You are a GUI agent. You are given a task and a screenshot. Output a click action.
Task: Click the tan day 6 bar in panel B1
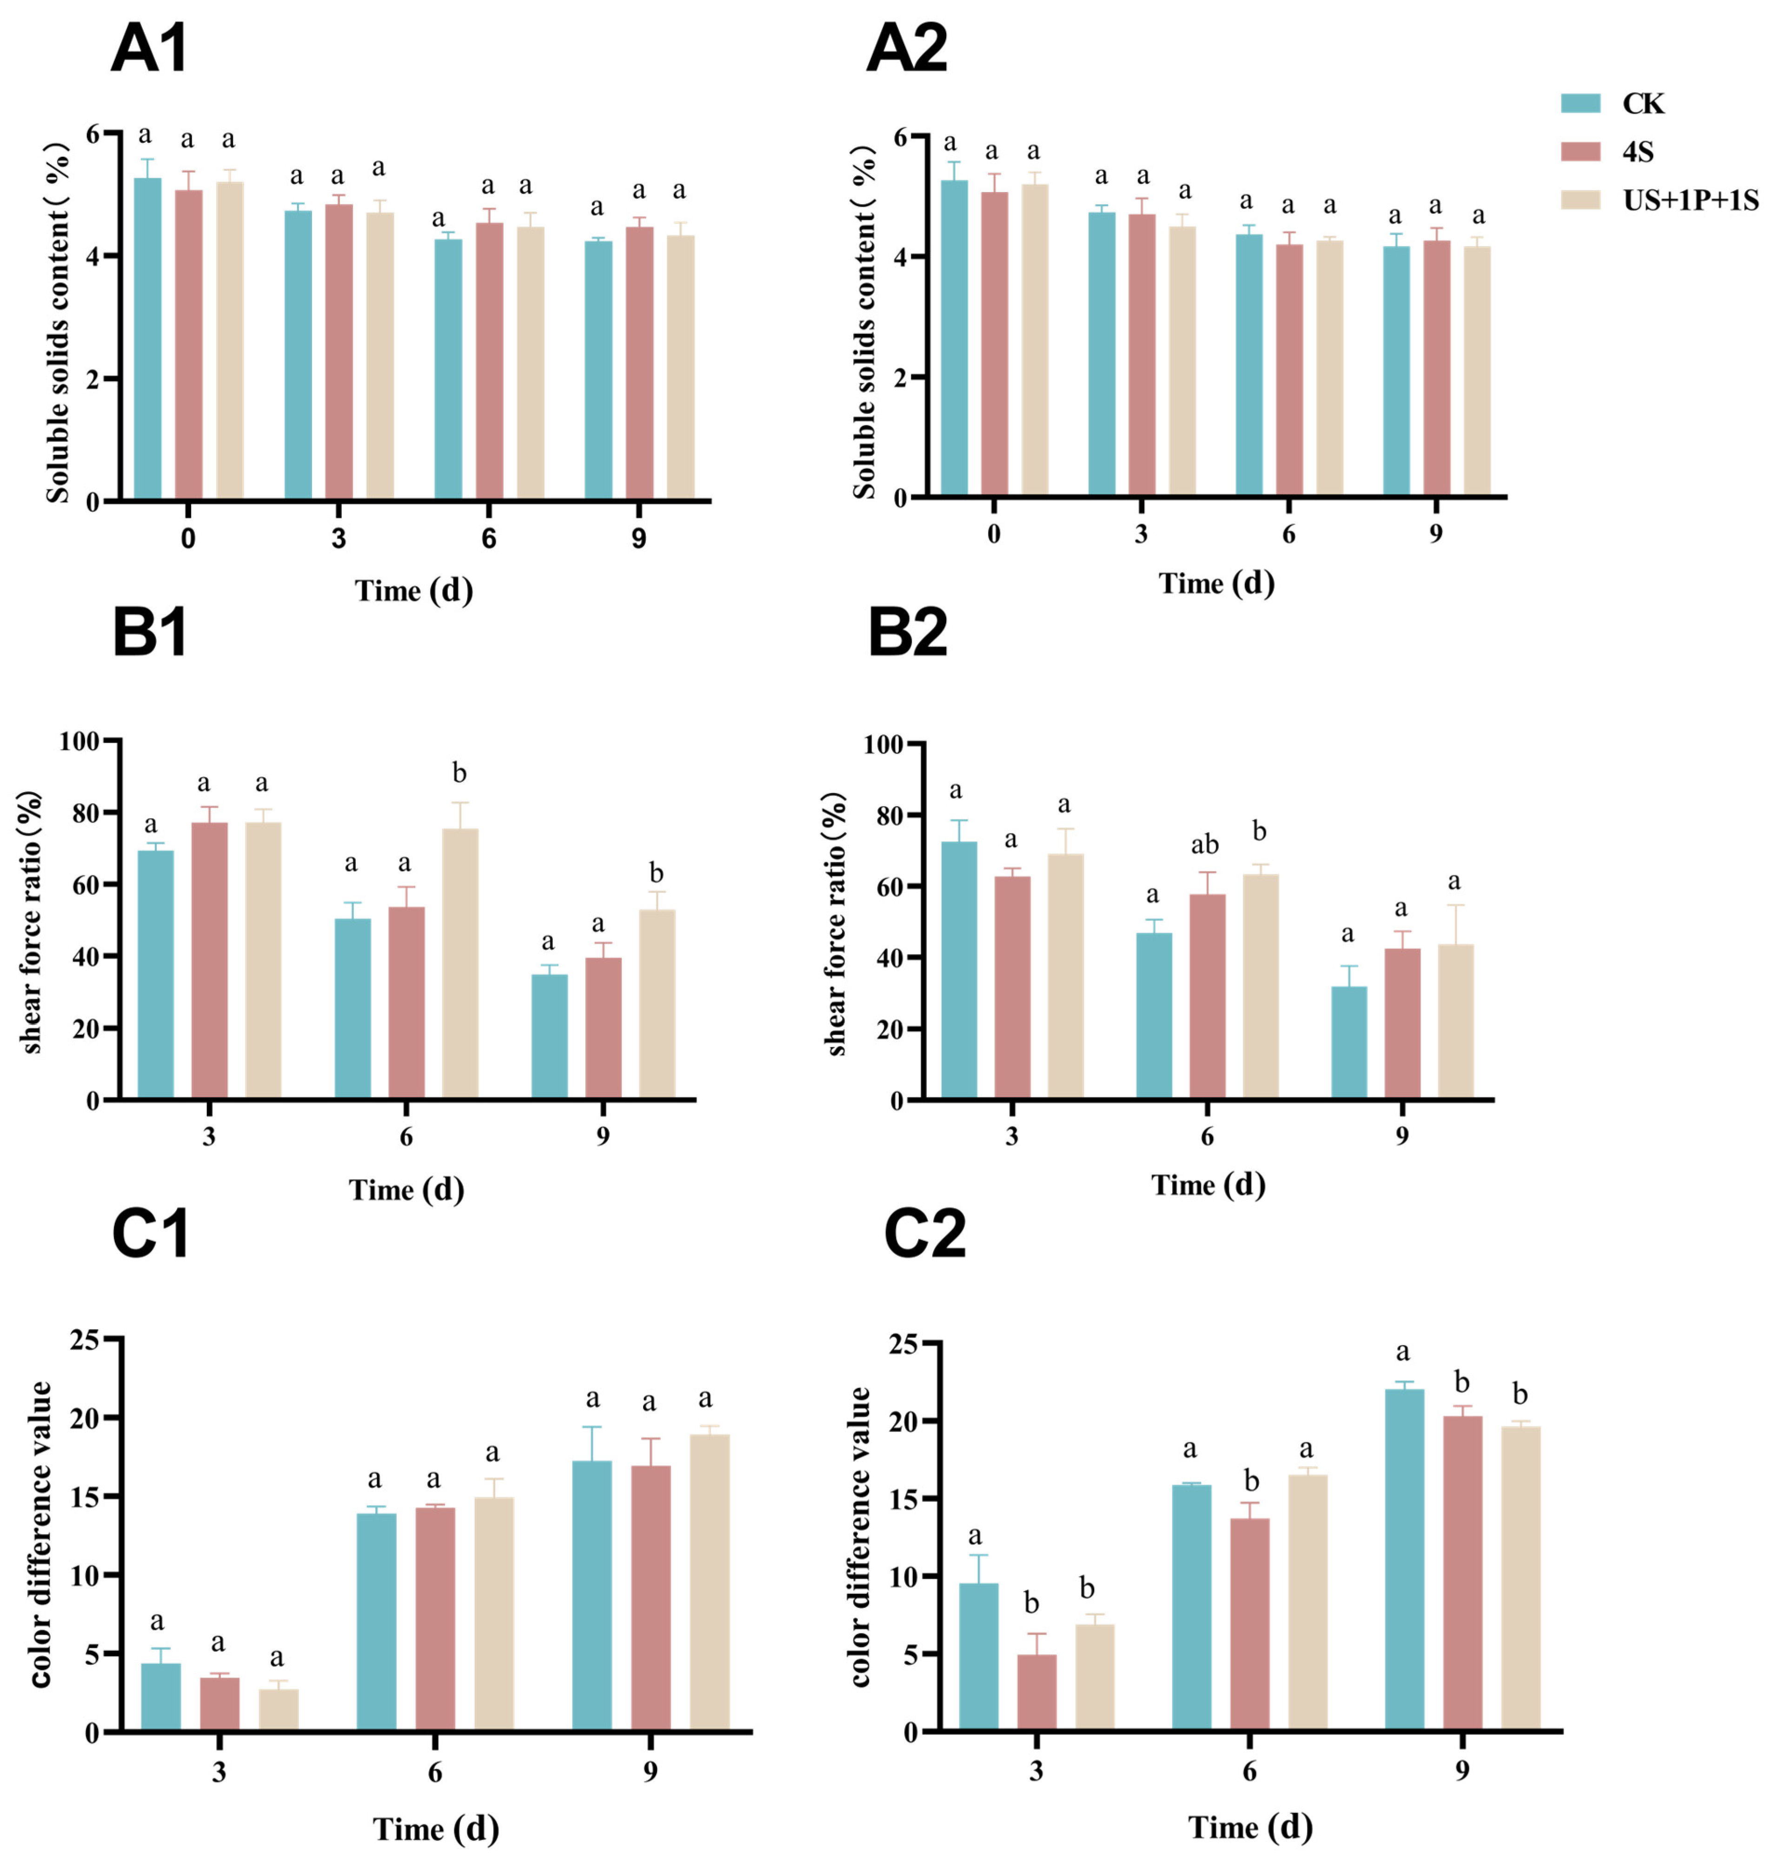click(x=460, y=963)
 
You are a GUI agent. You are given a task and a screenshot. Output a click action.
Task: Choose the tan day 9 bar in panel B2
click(x=1455, y=1021)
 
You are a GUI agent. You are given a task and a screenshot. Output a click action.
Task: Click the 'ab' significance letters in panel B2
click(x=1205, y=845)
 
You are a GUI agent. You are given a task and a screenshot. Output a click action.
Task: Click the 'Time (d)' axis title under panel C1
click(x=435, y=1828)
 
